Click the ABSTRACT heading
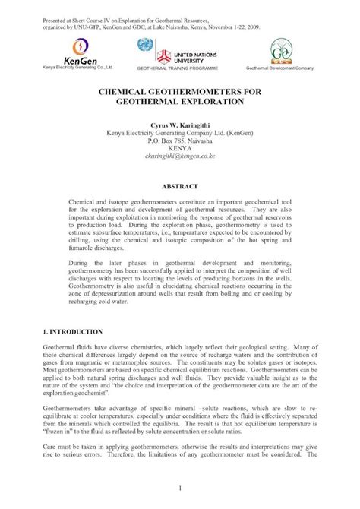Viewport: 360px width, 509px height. (x=180, y=185)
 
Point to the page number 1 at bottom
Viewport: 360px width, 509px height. (x=180, y=487)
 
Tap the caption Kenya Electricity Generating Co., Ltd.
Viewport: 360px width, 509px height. (x=72, y=67)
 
